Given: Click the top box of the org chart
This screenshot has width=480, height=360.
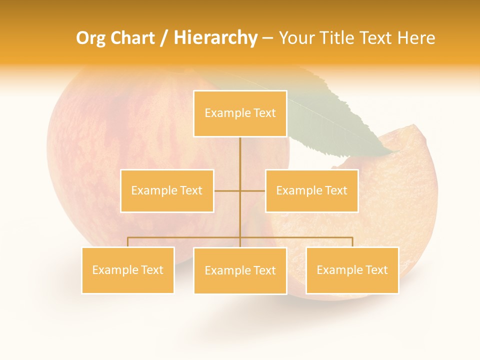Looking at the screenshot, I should coord(240,113).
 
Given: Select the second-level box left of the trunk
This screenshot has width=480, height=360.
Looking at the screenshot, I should coord(167,190).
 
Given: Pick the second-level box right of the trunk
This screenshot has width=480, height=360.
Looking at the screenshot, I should coord(311,190).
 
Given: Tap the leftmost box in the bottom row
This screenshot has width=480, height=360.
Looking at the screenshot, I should coord(128,270).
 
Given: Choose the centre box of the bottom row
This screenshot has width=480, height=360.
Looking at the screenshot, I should coord(240,270).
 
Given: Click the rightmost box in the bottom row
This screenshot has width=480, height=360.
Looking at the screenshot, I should coord(352,270).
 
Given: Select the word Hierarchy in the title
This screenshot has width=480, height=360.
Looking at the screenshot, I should coord(215,38).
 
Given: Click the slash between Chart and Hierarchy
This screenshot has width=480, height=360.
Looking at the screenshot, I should coord(164,38).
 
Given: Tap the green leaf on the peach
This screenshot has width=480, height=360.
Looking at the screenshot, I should coord(345,120).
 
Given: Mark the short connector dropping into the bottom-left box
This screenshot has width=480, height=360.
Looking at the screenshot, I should coord(128,242).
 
